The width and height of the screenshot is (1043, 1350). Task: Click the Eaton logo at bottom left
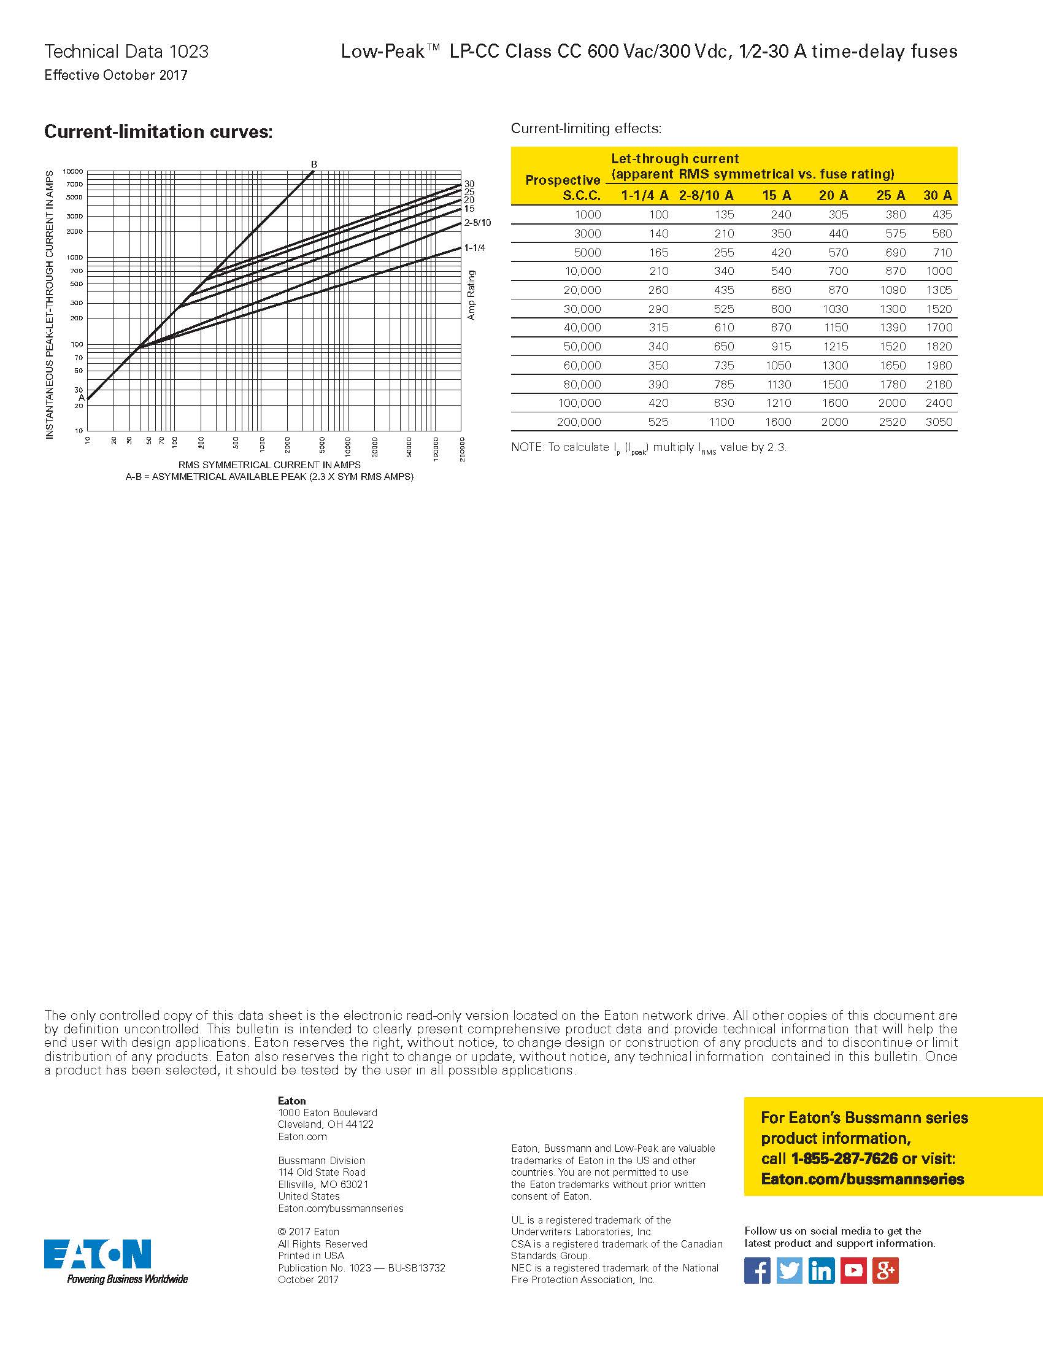(x=98, y=1254)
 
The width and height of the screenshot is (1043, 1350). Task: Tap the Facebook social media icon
(x=757, y=1271)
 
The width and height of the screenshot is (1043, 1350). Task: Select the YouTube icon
(x=853, y=1271)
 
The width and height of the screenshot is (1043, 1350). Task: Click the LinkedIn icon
(x=821, y=1271)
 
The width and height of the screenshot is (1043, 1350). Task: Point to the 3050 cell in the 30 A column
(x=939, y=422)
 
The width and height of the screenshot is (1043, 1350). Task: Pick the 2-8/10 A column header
(x=706, y=195)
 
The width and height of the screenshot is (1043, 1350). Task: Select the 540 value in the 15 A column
(x=780, y=271)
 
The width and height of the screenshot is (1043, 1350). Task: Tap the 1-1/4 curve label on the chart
(x=474, y=248)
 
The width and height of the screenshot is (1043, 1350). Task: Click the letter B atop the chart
(x=314, y=164)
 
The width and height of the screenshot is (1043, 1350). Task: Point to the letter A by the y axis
(x=82, y=398)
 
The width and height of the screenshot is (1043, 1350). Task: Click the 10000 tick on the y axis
(x=73, y=171)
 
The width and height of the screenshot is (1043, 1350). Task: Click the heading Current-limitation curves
(x=158, y=132)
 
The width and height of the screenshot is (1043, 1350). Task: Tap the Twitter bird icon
(x=789, y=1271)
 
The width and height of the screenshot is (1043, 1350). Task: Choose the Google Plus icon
(x=885, y=1271)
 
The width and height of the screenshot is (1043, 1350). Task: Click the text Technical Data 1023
(x=126, y=52)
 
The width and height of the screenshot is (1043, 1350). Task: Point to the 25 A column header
(x=890, y=195)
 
